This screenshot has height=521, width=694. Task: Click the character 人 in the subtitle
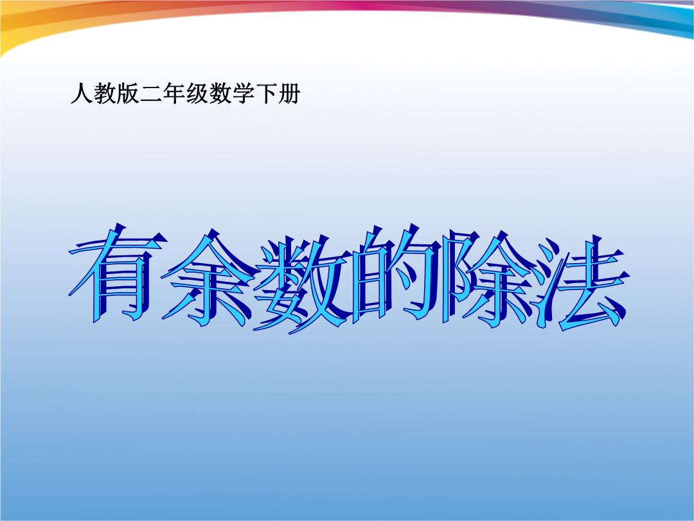pos(82,93)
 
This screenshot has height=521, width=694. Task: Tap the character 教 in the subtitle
pos(105,93)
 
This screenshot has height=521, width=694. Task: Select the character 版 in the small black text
pos(128,93)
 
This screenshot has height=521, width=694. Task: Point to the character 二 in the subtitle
pos(151,94)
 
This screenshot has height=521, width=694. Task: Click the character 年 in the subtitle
pos(174,93)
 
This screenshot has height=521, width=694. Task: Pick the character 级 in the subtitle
pos(197,93)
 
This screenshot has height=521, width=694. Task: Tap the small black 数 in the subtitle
pos(220,93)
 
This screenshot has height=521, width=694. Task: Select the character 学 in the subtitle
pos(243,93)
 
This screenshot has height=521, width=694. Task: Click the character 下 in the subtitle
pos(266,93)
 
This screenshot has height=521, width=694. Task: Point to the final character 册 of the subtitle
pos(289,93)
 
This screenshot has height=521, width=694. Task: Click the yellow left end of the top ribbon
pos(18,31)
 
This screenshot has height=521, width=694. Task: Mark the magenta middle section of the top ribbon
pos(380,5)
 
